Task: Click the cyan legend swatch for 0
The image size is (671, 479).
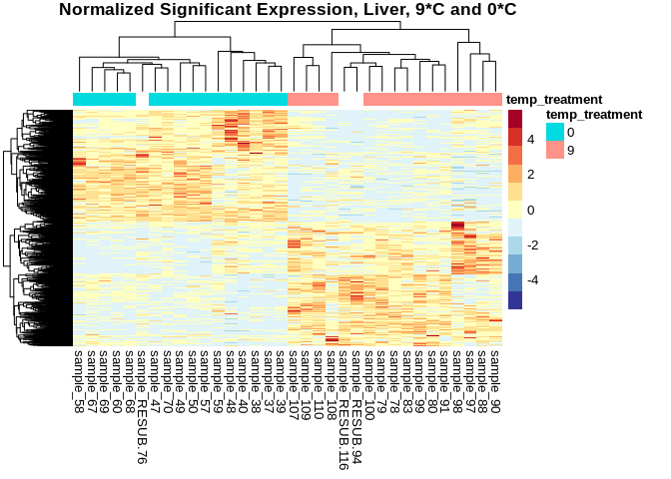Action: click(x=554, y=132)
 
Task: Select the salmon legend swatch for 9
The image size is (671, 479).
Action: click(x=554, y=150)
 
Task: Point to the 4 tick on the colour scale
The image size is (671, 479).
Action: click(x=529, y=140)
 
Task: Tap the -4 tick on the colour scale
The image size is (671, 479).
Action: click(x=532, y=280)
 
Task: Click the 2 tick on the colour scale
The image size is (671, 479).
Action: click(x=529, y=175)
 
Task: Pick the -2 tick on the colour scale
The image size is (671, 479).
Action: click(x=532, y=245)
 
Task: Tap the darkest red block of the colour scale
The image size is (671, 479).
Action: click(x=515, y=119)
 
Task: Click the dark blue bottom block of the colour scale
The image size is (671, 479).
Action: click(x=515, y=300)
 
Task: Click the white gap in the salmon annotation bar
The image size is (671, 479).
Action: click(x=351, y=99)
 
